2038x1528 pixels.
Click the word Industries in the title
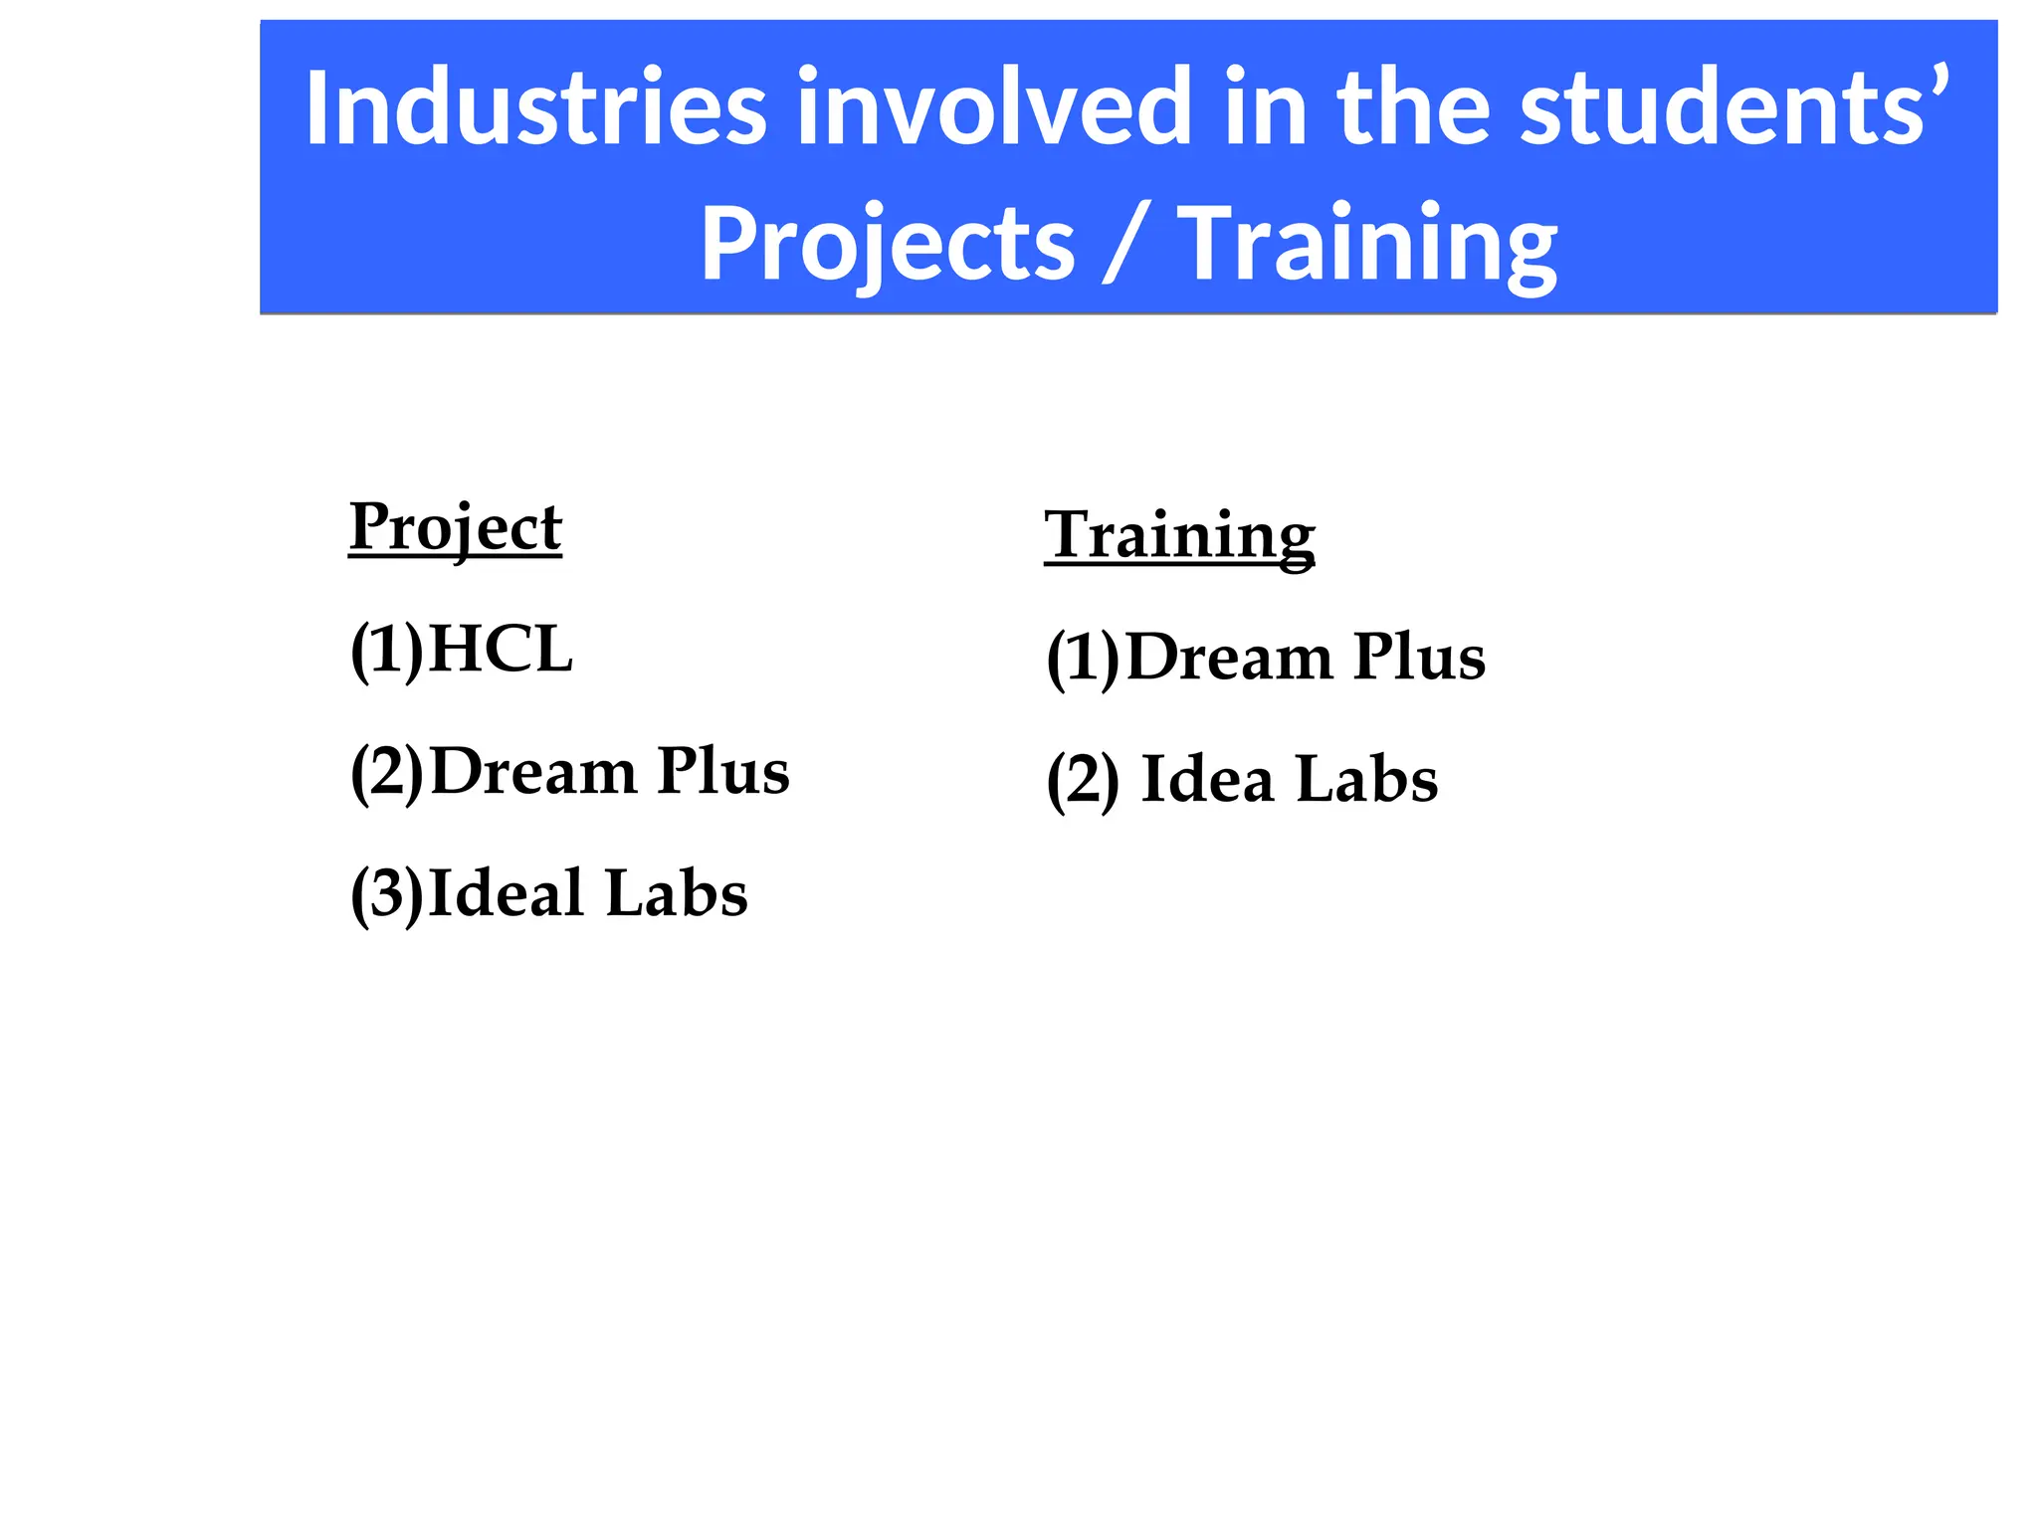click(535, 106)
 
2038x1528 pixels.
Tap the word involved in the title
click(993, 106)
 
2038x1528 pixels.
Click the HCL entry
click(501, 650)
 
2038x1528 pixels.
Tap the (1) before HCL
click(387, 652)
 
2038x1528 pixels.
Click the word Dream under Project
click(533, 772)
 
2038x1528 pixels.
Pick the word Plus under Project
click(723, 772)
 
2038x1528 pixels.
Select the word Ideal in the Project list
click(506, 893)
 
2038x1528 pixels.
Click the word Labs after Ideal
click(676, 893)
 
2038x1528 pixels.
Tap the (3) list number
click(387, 895)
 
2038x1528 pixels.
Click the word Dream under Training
click(1229, 658)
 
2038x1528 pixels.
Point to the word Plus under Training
click(1419, 658)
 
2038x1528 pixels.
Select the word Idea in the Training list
click(1207, 780)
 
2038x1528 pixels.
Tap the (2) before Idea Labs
click(1083, 782)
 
